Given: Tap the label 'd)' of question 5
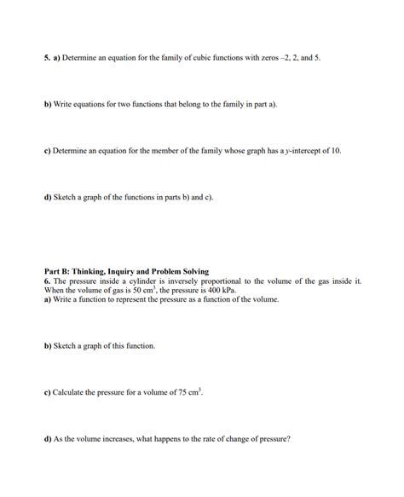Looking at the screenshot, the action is pos(49,197).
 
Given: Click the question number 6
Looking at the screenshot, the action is pos(47,280).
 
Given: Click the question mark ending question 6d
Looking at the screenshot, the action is pos(290,440).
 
